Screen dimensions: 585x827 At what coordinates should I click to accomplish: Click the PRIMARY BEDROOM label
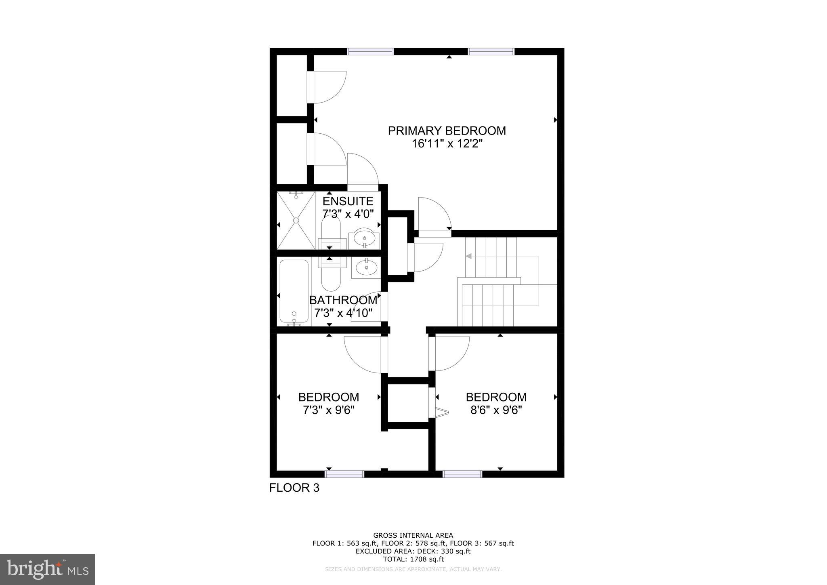point(447,131)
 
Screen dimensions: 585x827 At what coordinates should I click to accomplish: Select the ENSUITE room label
point(348,201)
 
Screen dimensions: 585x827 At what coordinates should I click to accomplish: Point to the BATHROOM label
point(343,300)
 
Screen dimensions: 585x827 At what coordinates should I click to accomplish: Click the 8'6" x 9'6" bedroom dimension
point(496,410)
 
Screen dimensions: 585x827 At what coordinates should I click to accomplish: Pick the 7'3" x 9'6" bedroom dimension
point(328,410)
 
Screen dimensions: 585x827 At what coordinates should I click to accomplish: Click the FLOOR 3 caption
point(294,488)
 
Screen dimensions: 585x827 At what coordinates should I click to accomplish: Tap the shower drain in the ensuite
point(296,221)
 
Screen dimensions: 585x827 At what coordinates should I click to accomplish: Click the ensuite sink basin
point(365,238)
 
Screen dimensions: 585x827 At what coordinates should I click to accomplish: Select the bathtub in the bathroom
point(294,292)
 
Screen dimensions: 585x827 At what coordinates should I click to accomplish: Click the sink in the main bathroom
point(366,267)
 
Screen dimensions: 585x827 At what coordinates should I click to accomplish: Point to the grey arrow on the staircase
point(469,256)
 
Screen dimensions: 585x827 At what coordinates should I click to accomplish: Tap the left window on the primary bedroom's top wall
point(370,51)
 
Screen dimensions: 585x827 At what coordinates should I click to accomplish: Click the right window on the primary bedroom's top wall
point(491,51)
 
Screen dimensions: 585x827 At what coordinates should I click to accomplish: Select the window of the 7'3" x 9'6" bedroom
point(344,474)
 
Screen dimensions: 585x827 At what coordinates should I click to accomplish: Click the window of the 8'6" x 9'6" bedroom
point(462,474)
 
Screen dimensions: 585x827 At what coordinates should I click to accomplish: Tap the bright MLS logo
point(48,569)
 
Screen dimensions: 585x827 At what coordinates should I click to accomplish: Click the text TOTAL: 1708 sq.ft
point(413,560)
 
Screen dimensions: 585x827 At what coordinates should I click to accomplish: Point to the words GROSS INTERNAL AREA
point(413,536)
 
